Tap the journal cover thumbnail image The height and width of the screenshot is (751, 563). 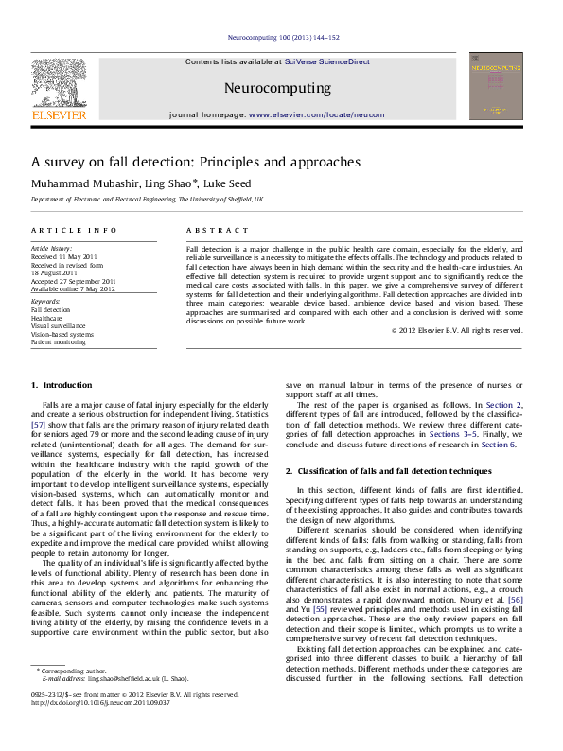[x=496, y=85]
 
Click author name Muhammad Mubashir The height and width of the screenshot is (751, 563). [x=82, y=183]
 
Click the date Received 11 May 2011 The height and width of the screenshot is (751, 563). [x=64, y=256]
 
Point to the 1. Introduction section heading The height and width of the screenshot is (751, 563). [x=62, y=385]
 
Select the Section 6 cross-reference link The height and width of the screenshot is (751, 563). [x=499, y=444]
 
